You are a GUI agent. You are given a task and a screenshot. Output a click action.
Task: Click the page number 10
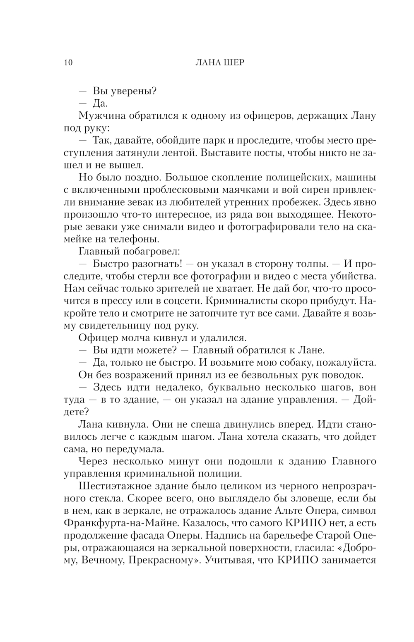69,62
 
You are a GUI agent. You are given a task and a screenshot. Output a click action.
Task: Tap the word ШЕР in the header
232,62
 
